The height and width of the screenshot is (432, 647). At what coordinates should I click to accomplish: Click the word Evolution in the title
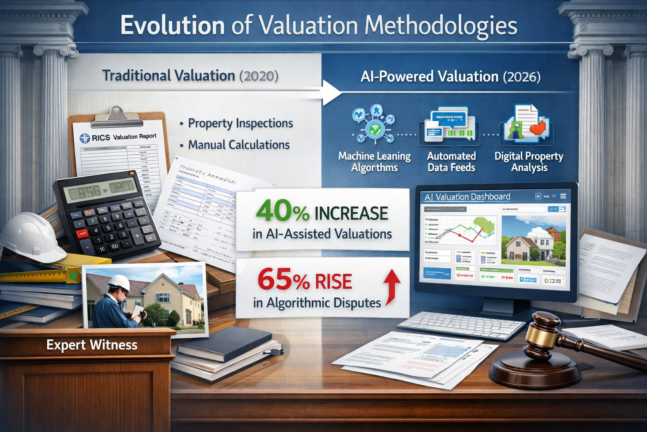[172, 25]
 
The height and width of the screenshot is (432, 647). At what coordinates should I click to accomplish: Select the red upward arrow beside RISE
[392, 287]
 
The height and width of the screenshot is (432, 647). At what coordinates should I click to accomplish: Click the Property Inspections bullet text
[240, 123]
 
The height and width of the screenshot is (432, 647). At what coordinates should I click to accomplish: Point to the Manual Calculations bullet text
[239, 145]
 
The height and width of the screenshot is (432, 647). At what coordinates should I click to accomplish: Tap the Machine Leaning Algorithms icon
[374, 125]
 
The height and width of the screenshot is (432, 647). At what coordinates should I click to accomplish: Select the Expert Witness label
[92, 345]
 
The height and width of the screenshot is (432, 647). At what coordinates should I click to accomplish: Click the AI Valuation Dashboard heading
[467, 197]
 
